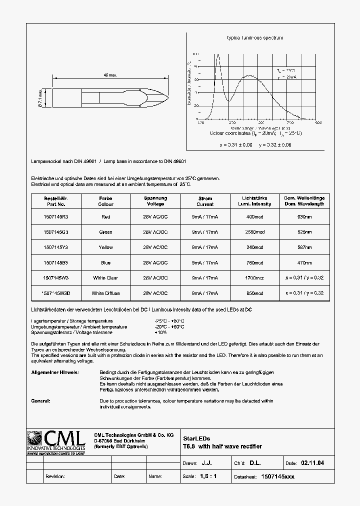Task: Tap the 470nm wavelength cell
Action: click(304, 262)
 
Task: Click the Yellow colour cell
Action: click(105, 247)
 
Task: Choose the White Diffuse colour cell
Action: click(105, 293)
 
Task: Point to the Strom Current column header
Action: click(205, 201)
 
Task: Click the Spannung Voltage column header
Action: click(155, 201)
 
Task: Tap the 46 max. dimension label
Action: click(110, 75)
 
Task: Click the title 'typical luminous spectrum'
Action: click(255, 38)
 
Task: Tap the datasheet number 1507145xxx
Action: click(278, 476)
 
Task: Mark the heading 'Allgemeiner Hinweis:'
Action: click(54, 372)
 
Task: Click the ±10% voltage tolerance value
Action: click(161, 332)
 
